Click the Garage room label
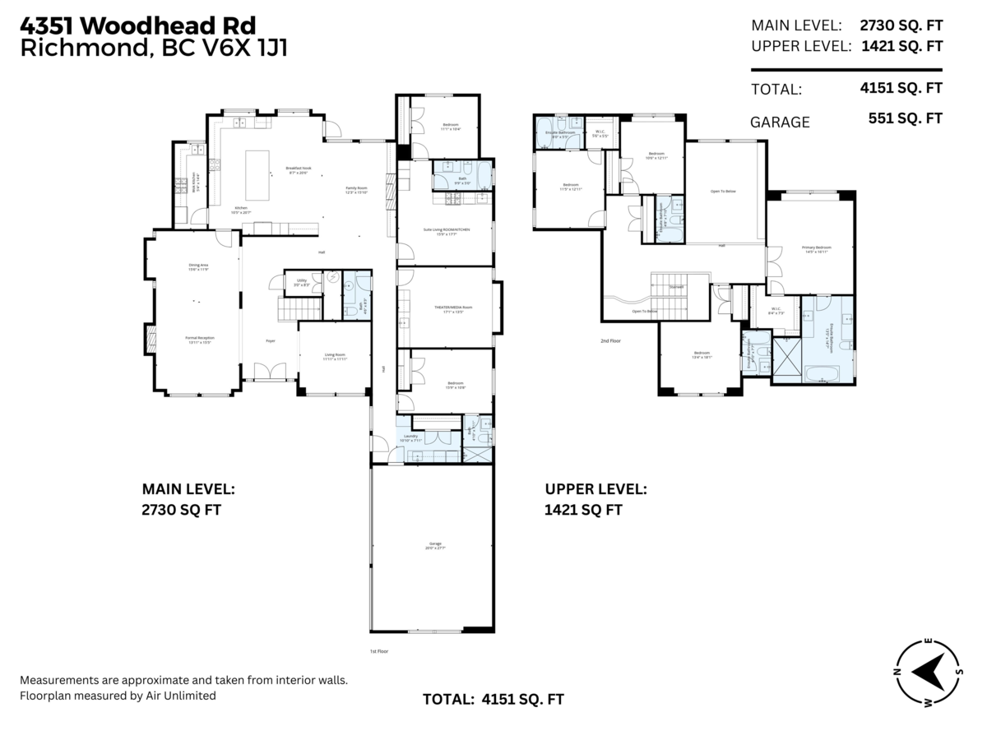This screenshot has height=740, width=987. pos(435,544)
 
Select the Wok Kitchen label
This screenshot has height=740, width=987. pos(194,182)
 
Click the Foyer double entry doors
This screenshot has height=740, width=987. pos(270,372)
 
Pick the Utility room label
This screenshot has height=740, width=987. pos(302,282)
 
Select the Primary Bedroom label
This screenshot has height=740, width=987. pos(811,249)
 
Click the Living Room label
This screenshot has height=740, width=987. pos(335,357)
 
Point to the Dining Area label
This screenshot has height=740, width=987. pos(198,266)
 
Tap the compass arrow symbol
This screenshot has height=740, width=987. pos(929,673)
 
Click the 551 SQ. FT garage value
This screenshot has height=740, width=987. pos(905,118)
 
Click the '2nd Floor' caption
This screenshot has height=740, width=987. pos(609,339)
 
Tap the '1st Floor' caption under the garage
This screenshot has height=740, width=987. pos(378,650)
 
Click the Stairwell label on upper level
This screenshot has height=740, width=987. pos(676,287)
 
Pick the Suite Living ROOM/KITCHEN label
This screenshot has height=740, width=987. pos(447,232)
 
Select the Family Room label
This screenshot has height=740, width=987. pos(356,189)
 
